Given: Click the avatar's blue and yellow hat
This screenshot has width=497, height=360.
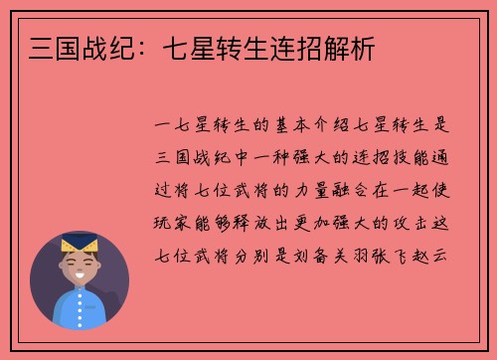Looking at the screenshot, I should pos(79,242).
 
